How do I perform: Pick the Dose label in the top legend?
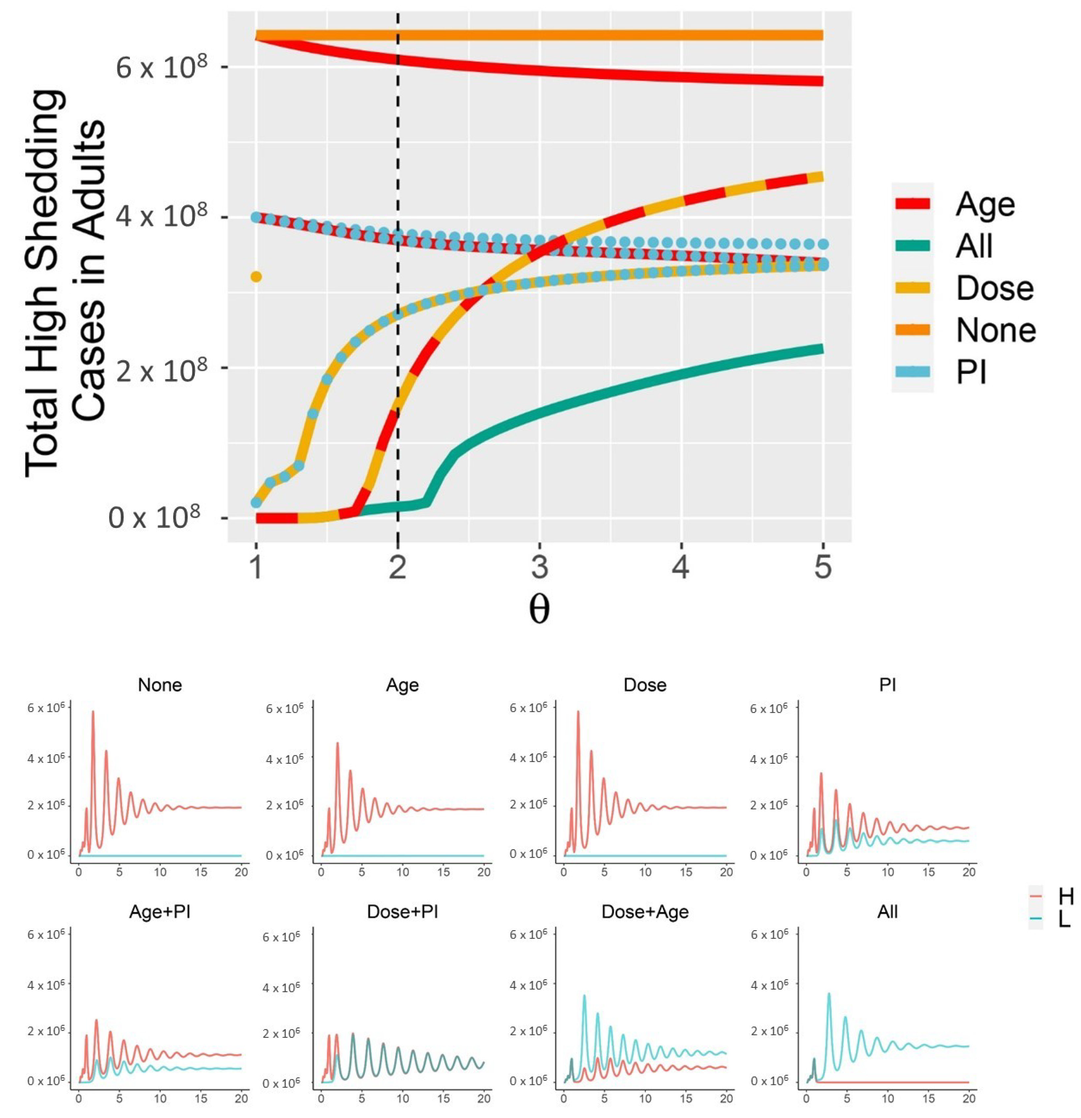pyautogui.click(x=994, y=288)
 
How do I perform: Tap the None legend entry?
pyautogui.click(x=995, y=330)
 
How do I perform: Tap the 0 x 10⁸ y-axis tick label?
pyautogui.click(x=154, y=518)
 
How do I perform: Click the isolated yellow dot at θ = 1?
pyautogui.click(x=256, y=277)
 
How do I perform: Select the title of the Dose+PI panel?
pyautogui.click(x=403, y=911)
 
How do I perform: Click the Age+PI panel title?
pyautogui.click(x=160, y=911)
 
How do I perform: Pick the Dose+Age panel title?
pyautogui.click(x=645, y=911)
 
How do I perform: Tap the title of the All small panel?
pyautogui.click(x=887, y=911)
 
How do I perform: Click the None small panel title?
pyautogui.click(x=160, y=684)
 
